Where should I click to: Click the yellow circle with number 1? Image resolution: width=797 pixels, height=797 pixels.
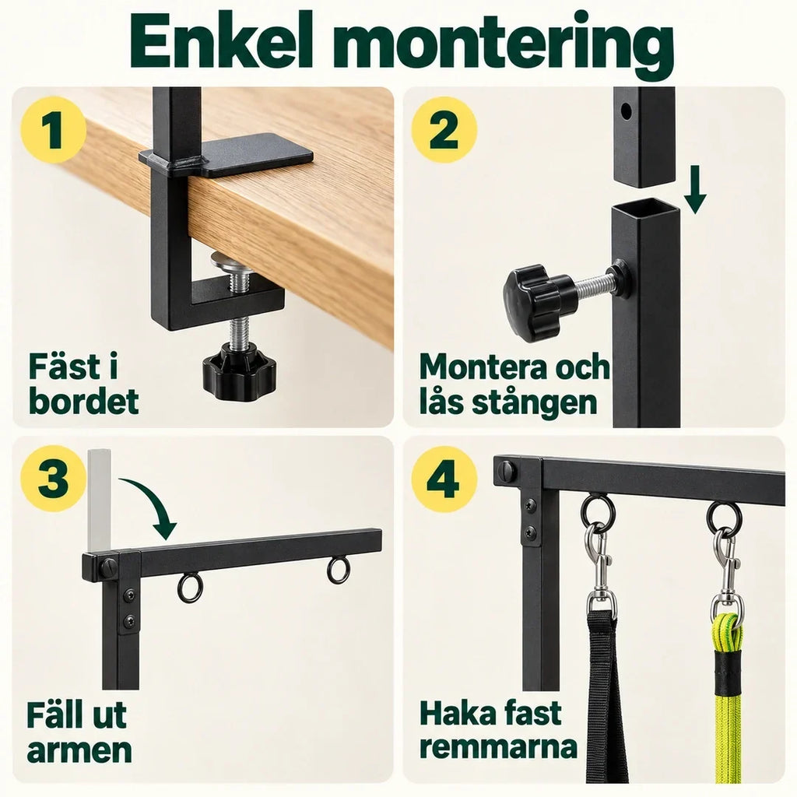point(53,130)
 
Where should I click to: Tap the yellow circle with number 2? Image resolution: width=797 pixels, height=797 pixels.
point(444,130)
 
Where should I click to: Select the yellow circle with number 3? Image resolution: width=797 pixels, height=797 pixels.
point(53,479)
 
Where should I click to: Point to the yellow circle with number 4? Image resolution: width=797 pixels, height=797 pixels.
point(444,479)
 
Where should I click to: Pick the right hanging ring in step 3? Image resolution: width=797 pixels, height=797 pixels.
point(338,570)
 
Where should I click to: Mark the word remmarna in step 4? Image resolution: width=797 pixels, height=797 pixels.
point(498,747)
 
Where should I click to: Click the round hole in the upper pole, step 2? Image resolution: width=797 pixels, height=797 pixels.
point(627,111)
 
